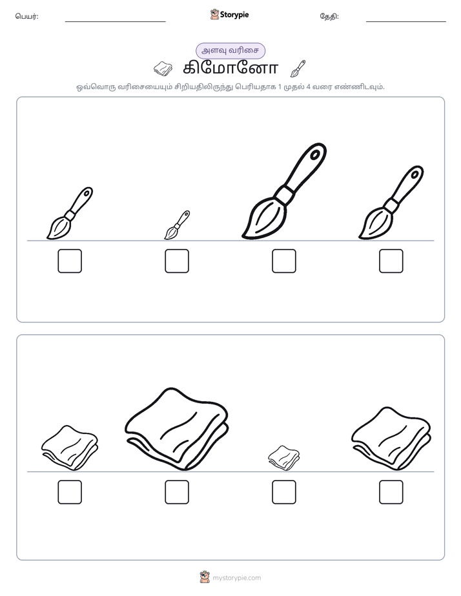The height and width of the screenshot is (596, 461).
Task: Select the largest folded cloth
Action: pyautogui.click(x=177, y=429)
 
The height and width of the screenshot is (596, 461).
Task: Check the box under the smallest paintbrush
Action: pyautogui.click(x=177, y=261)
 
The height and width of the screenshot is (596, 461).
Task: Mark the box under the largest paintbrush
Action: pyautogui.click(x=283, y=261)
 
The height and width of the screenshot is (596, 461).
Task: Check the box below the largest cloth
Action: pyautogui.click(x=177, y=492)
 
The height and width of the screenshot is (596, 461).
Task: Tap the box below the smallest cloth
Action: pyautogui.click(x=283, y=492)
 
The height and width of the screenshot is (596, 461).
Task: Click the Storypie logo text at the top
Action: pyautogui.click(x=234, y=15)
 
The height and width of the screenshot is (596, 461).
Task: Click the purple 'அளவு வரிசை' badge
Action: pyautogui.click(x=230, y=50)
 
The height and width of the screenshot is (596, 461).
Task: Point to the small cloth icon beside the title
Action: pyautogui.click(x=163, y=69)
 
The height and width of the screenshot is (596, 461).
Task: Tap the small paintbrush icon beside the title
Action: pyautogui.click(x=298, y=68)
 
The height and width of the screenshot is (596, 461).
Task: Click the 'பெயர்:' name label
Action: pyautogui.click(x=26, y=16)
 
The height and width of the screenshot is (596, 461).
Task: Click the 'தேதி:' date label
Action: pyautogui.click(x=329, y=16)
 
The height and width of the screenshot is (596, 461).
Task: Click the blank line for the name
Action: pyautogui.click(x=115, y=22)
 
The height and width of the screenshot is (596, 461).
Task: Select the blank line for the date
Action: pyautogui.click(x=406, y=22)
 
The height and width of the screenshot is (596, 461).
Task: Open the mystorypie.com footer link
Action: pyautogui.click(x=236, y=578)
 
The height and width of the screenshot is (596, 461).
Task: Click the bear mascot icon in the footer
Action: pyautogui.click(x=205, y=577)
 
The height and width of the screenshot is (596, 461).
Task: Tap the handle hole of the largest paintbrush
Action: pyautogui.click(x=315, y=154)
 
